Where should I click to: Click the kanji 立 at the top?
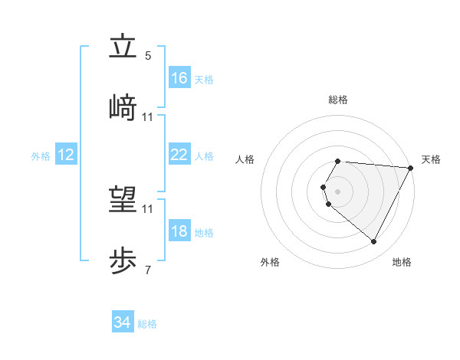(123, 47)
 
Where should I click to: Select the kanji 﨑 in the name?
(123, 107)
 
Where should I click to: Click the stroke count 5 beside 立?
(148, 56)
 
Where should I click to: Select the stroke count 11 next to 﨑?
(148, 116)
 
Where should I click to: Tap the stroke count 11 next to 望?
(148, 208)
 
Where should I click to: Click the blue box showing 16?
(179, 78)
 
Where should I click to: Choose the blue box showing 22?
(179, 155)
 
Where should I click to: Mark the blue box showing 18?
(179, 231)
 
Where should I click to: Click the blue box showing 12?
(66, 155)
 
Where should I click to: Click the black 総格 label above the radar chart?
(338, 100)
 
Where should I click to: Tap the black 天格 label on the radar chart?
(431, 159)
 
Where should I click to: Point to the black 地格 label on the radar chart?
(402, 262)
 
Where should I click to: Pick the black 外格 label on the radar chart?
(270, 262)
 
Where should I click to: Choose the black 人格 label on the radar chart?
(245, 159)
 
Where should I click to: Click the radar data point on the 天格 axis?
(411, 168)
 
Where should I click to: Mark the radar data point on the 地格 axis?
(374, 242)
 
